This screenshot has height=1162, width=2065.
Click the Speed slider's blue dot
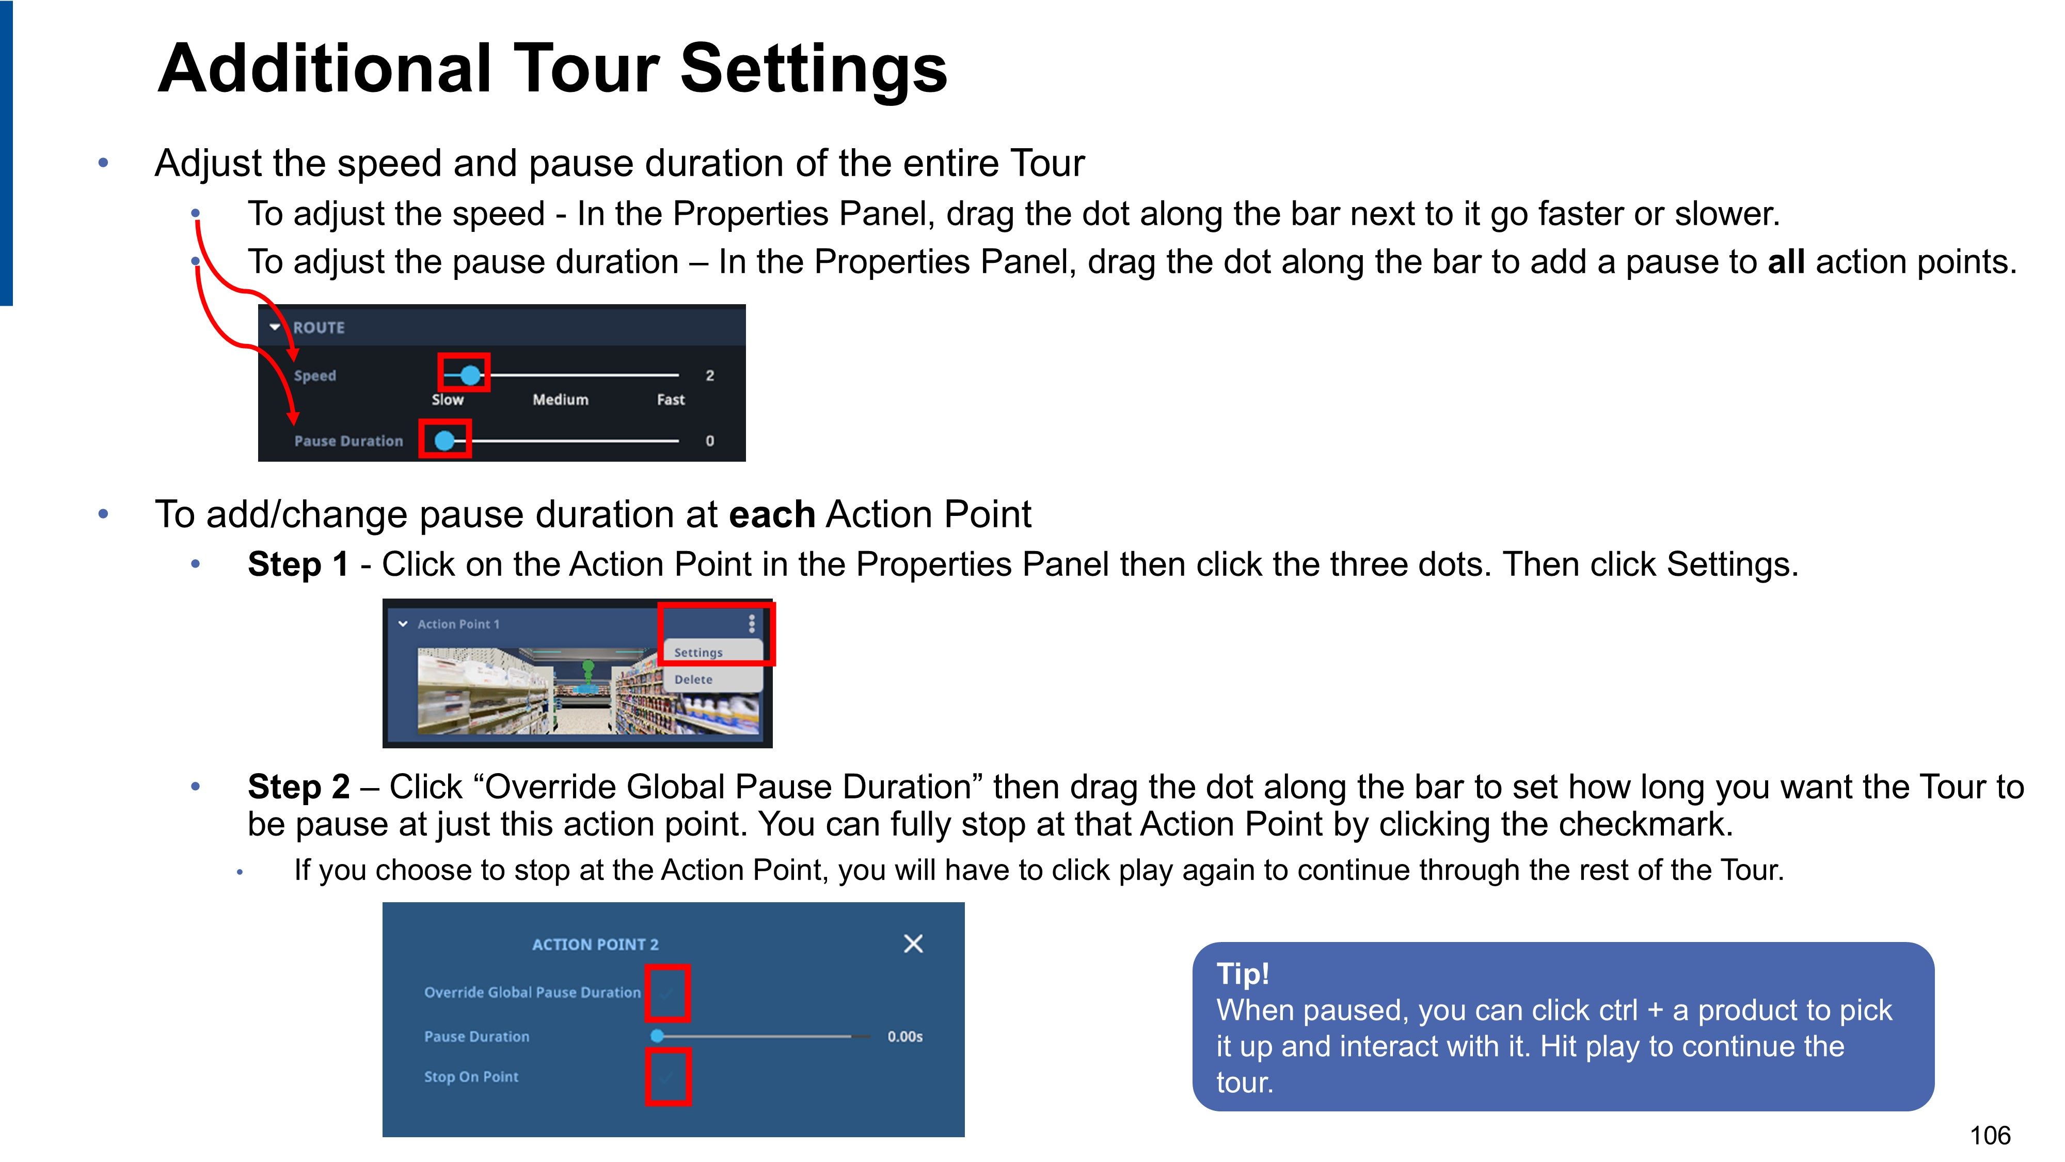click(x=470, y=374)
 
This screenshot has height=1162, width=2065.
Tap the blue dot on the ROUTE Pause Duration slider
click(x=444, y=440)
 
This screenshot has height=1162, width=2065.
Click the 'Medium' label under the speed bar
click(x=560, y=399)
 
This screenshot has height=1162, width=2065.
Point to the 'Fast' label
click(x=671, y=399)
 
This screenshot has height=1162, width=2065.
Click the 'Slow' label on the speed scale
click(x=447, y=399)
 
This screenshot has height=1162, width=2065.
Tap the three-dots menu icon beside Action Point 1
click(x=751, y=623)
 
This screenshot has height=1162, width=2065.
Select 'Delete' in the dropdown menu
click(x=693, y=679)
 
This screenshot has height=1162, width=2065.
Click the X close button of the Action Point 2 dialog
click(x=913, y=943)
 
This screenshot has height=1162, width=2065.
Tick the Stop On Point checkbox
click(x=668, y=1077)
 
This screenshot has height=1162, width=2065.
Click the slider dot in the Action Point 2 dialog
click(x=657, y=1036)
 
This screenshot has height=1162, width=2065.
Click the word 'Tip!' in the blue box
click(x=1243, y=973)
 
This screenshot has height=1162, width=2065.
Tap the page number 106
click(x=1991, y=1136)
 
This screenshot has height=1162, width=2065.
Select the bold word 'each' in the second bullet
click(x=772, y=514)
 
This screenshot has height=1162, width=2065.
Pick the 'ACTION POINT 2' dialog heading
click(x=595, y=945)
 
